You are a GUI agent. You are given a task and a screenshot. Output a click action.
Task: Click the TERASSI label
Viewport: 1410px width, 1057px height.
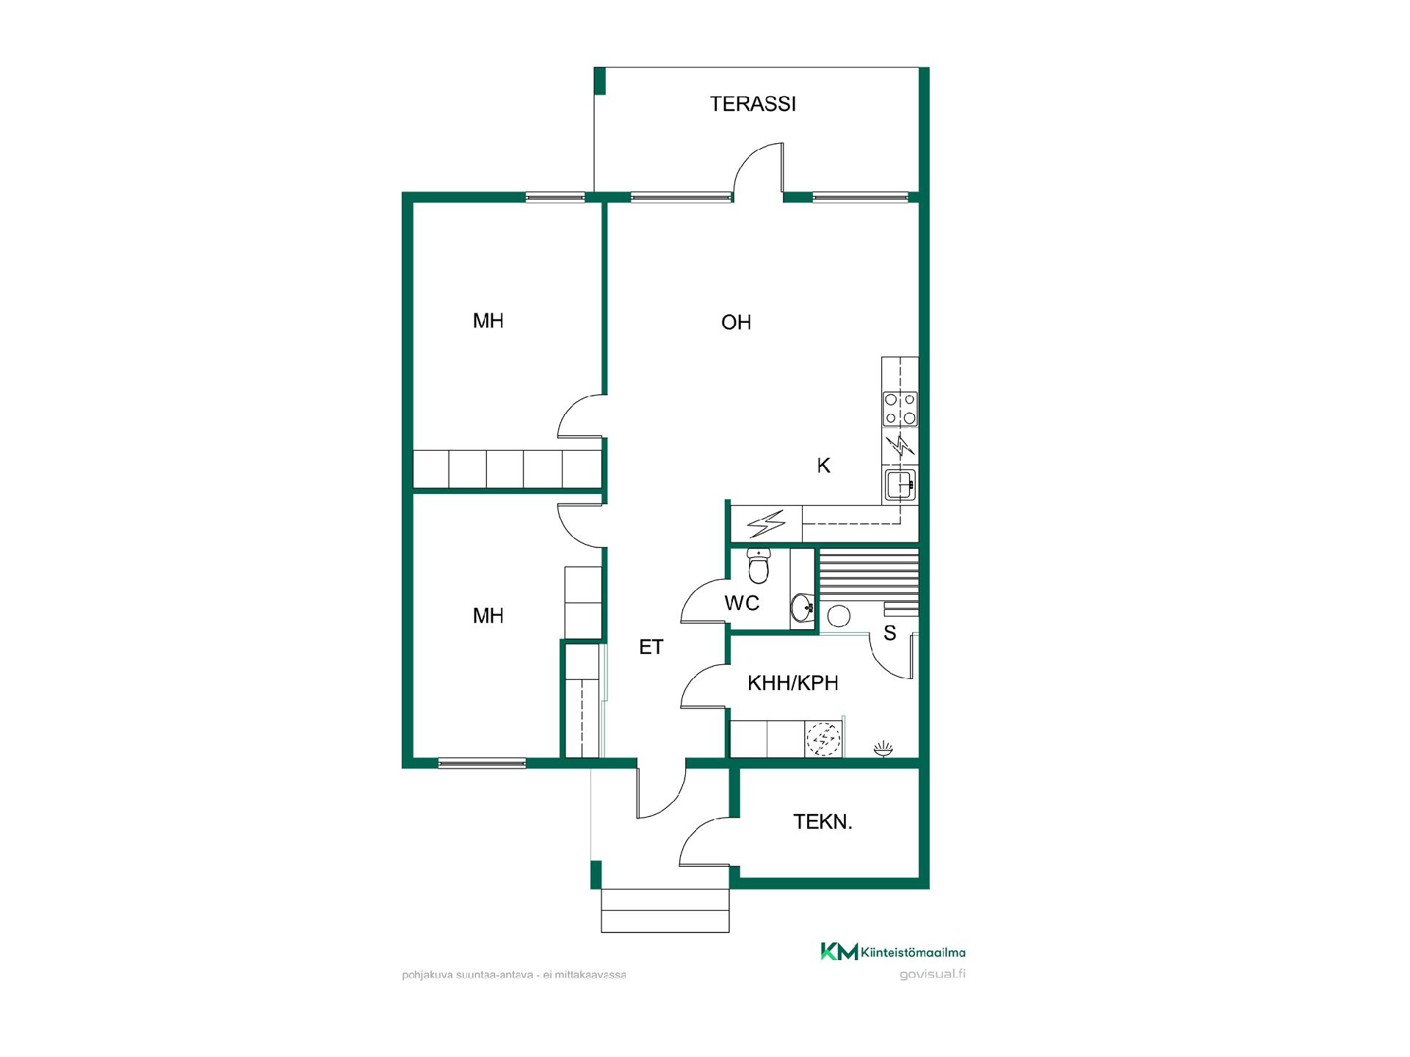click(x=753, y=104)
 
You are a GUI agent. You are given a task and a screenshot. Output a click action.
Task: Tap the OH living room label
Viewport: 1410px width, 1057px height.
click(x=736, y=322)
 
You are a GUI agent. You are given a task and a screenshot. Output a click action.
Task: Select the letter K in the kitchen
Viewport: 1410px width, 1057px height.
click(x=823, y=465)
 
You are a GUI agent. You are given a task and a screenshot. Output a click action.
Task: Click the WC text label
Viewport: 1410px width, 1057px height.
click(x=742, y=603)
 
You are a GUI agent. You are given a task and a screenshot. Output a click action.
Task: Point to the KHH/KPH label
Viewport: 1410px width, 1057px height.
click(x=792, y=683)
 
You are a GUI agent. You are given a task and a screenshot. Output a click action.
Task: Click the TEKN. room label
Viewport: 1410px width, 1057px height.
click(x=822, y=822)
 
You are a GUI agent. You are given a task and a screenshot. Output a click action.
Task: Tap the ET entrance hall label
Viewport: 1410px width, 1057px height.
click(x=651, y=647)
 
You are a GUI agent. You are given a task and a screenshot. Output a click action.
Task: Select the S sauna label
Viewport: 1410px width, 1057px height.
click(x=889, y=633)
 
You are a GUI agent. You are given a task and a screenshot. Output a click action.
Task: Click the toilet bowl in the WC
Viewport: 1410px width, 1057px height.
click(x=758, y=565)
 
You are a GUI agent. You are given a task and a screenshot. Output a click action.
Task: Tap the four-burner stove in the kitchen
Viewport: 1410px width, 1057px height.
click(x=900, y=409)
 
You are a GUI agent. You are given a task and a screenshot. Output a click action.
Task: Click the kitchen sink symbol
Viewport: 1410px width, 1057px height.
click(x=900, y=484)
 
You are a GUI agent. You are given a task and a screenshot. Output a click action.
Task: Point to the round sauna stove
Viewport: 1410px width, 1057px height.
click(x=837, y=615)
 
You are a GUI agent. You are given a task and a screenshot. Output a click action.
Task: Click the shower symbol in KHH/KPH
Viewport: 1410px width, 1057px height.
click(x=883, y=749)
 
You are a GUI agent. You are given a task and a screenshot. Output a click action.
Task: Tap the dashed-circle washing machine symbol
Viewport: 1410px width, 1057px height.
click(x=822, y=739)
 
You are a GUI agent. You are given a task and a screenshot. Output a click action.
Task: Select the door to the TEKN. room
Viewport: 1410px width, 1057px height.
click(x=705, y=841)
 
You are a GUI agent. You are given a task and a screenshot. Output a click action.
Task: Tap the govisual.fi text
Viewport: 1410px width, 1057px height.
click(x=932, y=975)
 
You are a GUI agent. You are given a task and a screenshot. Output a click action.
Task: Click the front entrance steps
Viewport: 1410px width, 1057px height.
click(x=665, y=910)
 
